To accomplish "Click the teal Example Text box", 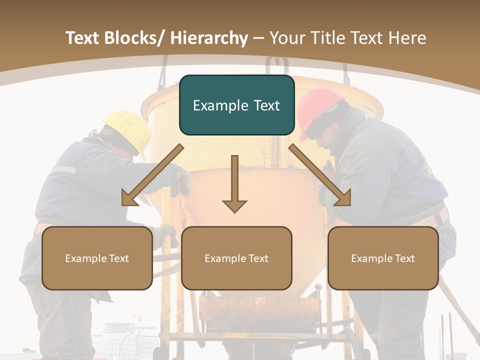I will (x=236, y=105).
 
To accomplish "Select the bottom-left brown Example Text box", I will (x=97, y=258).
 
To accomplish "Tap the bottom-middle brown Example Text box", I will (x=236, y=258).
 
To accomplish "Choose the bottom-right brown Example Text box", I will (x=383, y=258).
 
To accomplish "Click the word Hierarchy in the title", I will (x=208, y=38).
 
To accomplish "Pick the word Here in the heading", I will (x=408, y=38).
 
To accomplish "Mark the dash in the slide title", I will (x=258, y=38).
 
